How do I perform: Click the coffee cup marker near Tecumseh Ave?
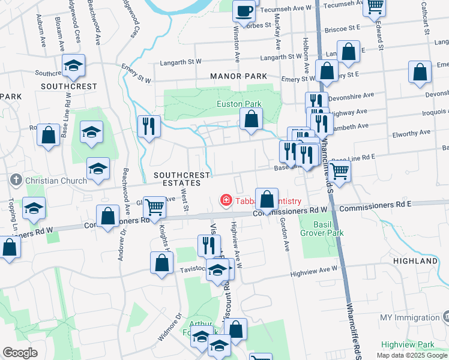pyautogui.click(x=244, y=11)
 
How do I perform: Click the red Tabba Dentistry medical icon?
pyautogui.click(x=226, y=200)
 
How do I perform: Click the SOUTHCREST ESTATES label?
pyautogui.click(x=182, y=180)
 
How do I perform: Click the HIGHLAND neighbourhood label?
pyautogui.click(x=415, y=262)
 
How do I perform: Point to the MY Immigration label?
pyautogui.click(x=409, y=317)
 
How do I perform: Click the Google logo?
pyautogui.click(x=20, y=353)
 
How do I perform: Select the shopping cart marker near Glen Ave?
pyautogui.click(x=155, y=208)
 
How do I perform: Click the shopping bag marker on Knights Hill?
pyautogui.click(x=162, y=263)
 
